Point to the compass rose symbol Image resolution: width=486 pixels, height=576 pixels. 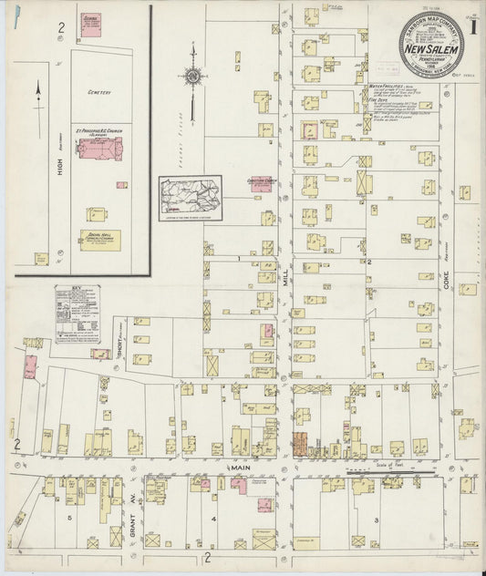(x=192, y=76)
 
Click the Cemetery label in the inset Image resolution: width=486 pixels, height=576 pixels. (x=98, y=92)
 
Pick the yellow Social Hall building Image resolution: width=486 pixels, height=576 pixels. (x=99, y=240)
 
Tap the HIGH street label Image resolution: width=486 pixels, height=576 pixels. (x=59, y=163)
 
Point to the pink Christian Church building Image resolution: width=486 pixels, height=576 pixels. (x=262, y=184)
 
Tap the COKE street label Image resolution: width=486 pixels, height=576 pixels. (x=447, y=288)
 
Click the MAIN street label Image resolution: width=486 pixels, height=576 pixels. (x=215, y=467)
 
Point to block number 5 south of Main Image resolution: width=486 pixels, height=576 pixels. (x=69, y=517)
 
